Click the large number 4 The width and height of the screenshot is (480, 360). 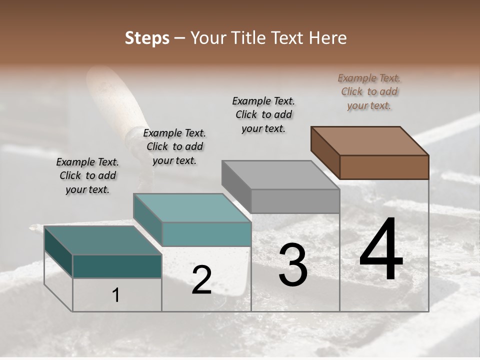[381, 249]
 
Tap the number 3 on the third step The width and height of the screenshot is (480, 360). [293, 264]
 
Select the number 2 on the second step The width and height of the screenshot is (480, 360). [201, 280]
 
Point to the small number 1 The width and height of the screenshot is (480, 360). [116, 295]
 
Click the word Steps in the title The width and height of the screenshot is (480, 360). [147, 38]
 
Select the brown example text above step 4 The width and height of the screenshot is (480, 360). [369, 91]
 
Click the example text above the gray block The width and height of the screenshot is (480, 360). [263, 114]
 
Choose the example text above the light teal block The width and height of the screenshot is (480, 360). [174, 146]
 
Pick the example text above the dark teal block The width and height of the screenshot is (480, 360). [87, 175]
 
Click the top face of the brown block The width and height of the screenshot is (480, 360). [369, 140]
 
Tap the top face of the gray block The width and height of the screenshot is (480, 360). [280, 174]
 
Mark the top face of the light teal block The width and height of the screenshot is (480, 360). [192, 207]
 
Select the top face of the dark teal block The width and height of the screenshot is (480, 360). [102, 240]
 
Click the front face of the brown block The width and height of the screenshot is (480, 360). [384, 167]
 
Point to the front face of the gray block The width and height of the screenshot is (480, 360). [295, 201]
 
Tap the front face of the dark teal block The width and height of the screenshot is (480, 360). [117, 266]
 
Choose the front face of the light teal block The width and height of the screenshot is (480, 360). [206, 234]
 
